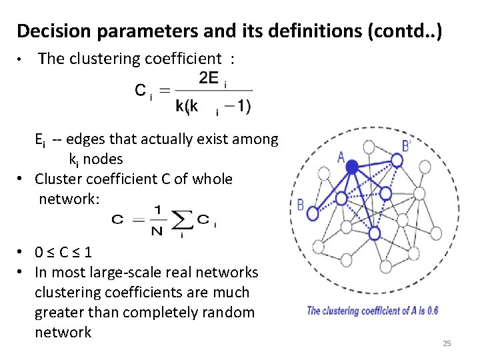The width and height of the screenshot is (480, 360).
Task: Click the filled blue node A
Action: pos(351,168)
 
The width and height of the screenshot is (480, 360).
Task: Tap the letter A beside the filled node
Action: pos(341,157)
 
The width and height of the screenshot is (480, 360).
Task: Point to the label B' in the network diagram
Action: pos(407,145)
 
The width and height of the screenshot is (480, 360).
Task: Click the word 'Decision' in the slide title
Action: pos(49,31)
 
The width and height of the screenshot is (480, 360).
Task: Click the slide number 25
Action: pos(447,343)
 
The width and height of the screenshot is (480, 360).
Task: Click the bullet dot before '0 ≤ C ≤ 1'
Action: pos(22,253)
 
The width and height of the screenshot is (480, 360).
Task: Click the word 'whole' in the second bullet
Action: pos(212,179)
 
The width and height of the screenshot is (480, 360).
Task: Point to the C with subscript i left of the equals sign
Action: pos(143,91)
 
